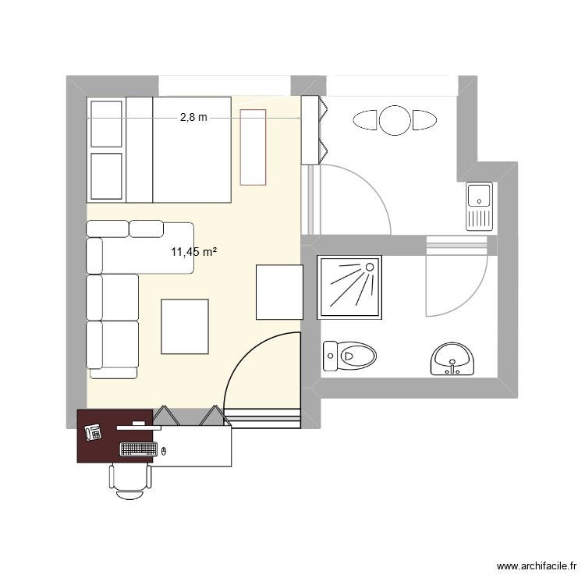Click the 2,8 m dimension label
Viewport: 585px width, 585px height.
193,118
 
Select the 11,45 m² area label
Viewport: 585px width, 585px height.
193,251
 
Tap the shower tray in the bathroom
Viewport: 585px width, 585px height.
349,287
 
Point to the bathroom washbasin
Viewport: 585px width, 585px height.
452,359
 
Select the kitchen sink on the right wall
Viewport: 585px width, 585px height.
479,207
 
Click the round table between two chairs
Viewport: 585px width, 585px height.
395,120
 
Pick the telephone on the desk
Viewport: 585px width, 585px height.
94,432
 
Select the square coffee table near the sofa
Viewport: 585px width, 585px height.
185,326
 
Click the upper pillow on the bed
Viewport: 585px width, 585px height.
107,123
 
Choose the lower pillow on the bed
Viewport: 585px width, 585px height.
107,176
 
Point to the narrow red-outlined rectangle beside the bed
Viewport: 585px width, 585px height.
253,147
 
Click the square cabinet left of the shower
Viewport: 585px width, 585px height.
279,292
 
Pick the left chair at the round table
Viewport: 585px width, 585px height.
366,120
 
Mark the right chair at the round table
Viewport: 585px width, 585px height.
424,120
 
